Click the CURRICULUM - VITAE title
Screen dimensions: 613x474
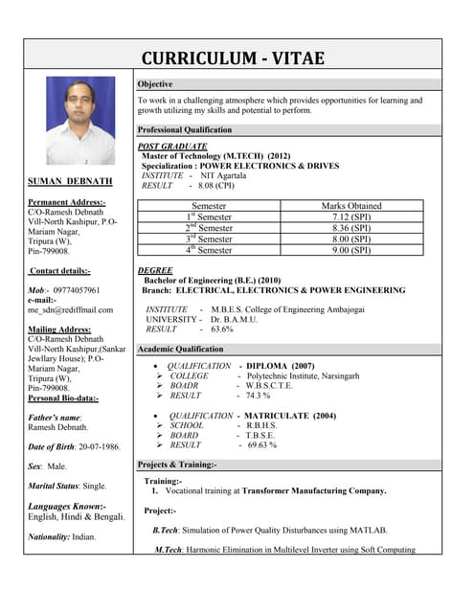pyautogui.click(x=234, y=57)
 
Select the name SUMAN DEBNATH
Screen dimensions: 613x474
pyautogui.click(x=70, y=180)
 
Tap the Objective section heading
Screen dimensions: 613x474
pyautogui.click(x=155, y=84)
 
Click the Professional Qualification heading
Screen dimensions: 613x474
pyautogui.click(x=185, y=129)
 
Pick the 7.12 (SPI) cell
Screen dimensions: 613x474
pyautogui.click(x=351, y=217)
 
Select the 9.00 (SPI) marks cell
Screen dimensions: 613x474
pyautogui.click(x=351, y=250)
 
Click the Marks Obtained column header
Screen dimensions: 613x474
pyautogui.click(x=351, y=206)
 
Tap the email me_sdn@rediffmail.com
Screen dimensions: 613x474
pyautogui.click(x=70, y=309)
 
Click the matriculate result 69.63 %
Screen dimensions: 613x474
pyautogui.click(x=261, y=444)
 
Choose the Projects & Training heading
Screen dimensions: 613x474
pyautogui.click(x=177, y=465)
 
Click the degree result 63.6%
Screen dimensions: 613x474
pyautogui.click(x=221, y=329)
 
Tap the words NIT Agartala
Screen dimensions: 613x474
pyautogui.click(x=230, y=175)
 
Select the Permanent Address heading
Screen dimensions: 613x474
pyautogui.click(x=67, y=202)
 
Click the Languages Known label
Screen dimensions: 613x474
pyautogui.click(x=67, y=505)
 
